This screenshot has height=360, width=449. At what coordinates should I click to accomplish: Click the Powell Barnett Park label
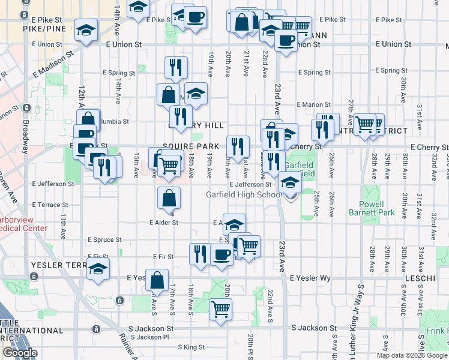coord(372,208)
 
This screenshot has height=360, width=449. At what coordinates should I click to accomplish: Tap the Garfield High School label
coord(244,194)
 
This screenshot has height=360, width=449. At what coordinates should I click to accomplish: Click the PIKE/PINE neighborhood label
coord(43,28)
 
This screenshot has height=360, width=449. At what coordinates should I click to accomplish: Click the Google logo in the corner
coord(20,353)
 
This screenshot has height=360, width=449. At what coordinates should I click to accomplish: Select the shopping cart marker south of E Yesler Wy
coord(221,310)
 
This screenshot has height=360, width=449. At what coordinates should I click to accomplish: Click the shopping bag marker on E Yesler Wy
coord(157,281)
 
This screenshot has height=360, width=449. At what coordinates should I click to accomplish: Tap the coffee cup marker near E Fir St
coord(222,254)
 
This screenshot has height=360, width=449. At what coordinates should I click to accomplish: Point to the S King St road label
coord(191,347)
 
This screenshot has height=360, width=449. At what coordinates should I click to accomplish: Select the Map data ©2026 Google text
coord(411,355)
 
